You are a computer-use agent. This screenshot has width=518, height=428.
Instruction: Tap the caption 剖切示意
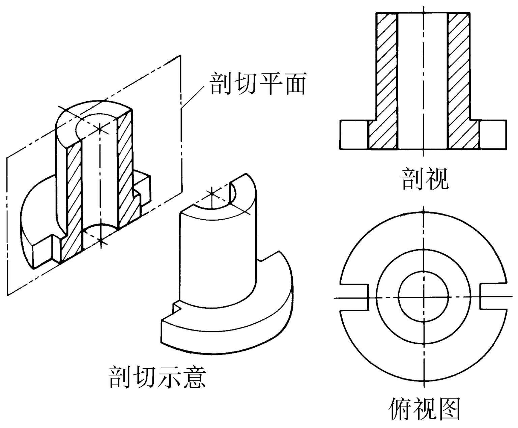coord(157,376)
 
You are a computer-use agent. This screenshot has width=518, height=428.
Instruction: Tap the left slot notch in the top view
coord(354,297)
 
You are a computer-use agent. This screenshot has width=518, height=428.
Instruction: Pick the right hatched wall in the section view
coord(459,81)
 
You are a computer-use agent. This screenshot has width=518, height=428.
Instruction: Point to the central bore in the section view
coord(423,81)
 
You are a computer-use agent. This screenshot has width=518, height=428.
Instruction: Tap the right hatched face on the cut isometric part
coord(125,169)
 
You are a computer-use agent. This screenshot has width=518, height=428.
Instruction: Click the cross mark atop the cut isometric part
coord(100,128)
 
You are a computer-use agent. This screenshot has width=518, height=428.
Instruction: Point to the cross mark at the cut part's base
coord(101,240)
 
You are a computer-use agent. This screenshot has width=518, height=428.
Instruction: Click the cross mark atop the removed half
coord(211,193)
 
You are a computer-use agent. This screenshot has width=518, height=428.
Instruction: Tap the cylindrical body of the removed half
coord(216,256)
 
